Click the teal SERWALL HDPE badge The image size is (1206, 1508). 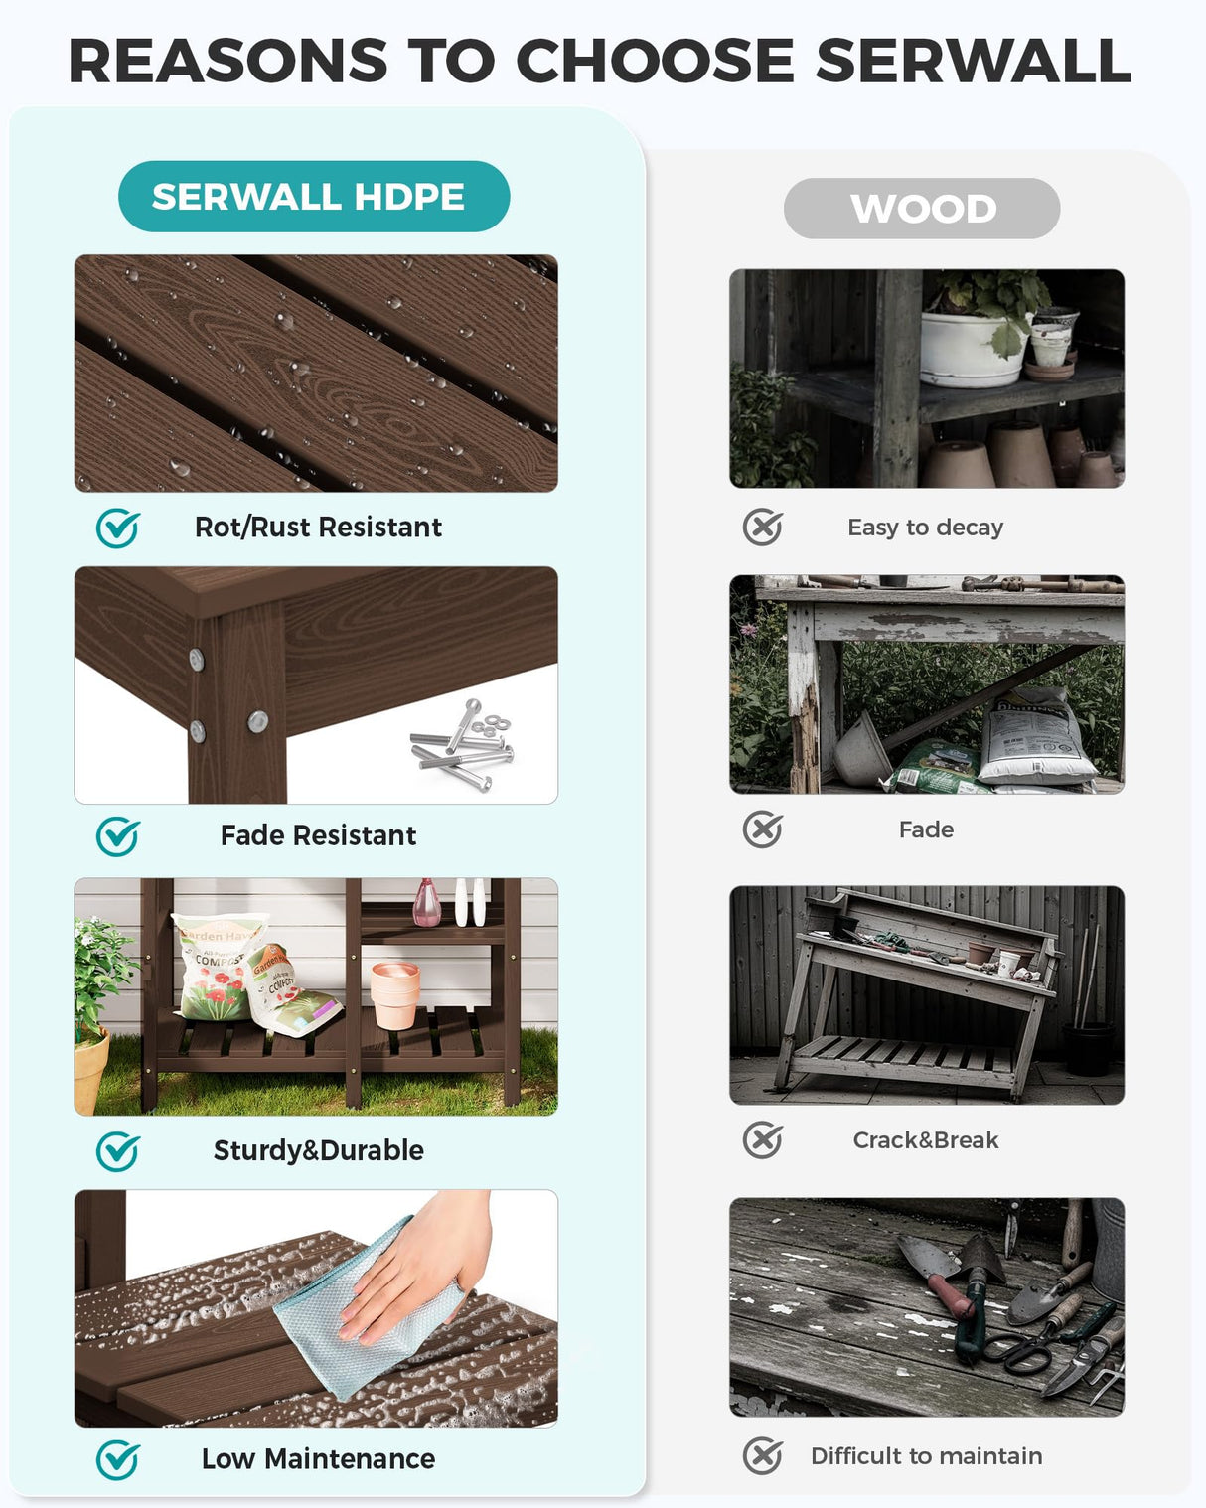313,197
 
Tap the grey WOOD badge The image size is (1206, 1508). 922,209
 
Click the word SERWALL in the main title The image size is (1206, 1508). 973,61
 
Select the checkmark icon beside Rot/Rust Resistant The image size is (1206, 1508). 118,528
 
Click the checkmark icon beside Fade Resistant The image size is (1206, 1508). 118,836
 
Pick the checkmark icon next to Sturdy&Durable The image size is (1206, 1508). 118,1151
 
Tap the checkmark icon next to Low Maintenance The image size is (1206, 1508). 118,1460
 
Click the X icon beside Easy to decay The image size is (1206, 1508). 763,528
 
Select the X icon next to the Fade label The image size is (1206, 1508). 763,829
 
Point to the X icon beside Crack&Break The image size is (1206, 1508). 763,1140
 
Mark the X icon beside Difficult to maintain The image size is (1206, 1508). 763,1456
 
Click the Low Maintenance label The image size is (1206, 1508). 318,1459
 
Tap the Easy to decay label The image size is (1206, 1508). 925,528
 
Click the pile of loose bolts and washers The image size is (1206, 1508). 465,746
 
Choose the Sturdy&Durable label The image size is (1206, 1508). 318,1150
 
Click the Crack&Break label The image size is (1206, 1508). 925,1140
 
